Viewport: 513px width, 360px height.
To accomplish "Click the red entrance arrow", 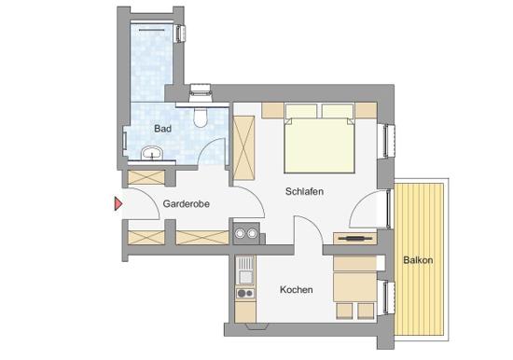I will point(118,203).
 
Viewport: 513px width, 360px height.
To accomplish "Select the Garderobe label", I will point(185,203).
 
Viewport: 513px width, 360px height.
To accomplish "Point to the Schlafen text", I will point(305,191).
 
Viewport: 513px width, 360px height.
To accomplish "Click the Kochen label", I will point(297,290).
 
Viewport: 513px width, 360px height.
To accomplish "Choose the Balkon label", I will point(418,259).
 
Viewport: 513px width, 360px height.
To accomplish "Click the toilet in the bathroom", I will point(200,114).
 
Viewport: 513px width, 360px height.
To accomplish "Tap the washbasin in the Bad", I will point(149,153).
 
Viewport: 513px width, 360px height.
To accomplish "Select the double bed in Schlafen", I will point(319,140).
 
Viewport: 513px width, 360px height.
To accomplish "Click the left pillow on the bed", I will point(301,113).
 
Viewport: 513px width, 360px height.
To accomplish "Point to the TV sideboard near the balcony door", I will point(354,240).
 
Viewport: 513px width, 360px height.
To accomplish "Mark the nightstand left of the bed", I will point(272,111).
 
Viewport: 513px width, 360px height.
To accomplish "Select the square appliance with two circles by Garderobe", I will point(246,231).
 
